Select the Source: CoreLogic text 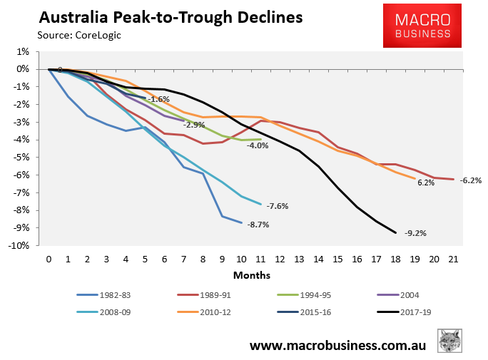(79, 34)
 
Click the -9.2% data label (415, 233)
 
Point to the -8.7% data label (258, 225)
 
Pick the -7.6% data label (277, 207)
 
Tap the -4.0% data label (257, 145)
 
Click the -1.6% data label (159, 99)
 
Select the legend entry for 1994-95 (303, 294)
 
